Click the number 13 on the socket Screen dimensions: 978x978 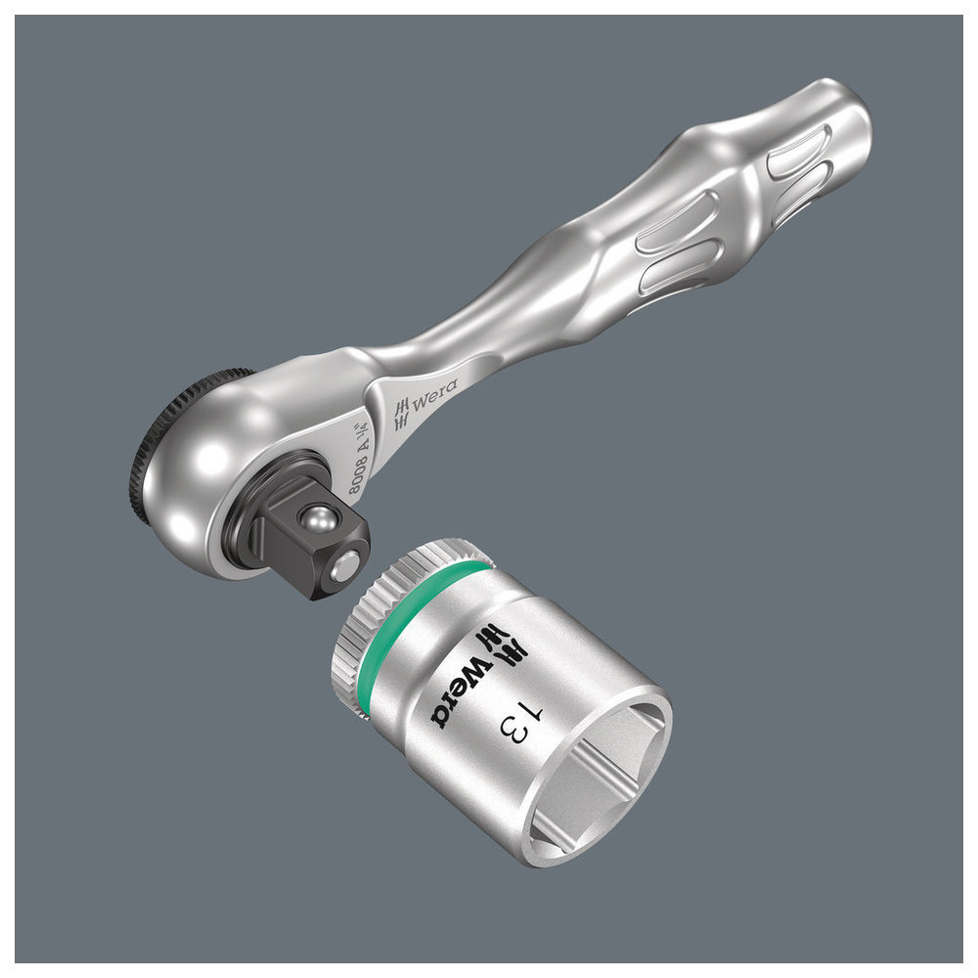pyautogui.click(x=521, y=722)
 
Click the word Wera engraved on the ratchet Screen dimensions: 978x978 pyautogui.click(x=434, y=395)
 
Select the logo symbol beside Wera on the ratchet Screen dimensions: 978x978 pyautogui.click(x=402, y=414)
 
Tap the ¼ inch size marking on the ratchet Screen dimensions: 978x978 pyautogui.click(x=364, y=433)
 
